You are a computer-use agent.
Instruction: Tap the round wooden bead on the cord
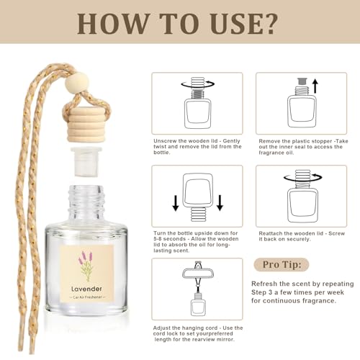point(77,82)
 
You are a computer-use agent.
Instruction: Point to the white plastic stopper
point(86,162)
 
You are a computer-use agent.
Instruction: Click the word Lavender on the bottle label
point(86,289)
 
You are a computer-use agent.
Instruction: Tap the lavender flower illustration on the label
point(86,266)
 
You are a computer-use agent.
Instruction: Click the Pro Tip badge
point(282,265)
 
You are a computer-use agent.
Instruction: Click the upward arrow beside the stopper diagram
point(315,86)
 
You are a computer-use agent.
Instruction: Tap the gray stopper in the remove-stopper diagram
point(302,81)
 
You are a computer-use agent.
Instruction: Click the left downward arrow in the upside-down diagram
point(176,203)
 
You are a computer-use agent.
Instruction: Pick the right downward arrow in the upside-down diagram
point(220,203)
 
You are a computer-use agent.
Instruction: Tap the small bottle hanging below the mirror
point(198,305)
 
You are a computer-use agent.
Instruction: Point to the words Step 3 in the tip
point(261,292)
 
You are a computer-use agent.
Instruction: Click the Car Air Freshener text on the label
point(87,297)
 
